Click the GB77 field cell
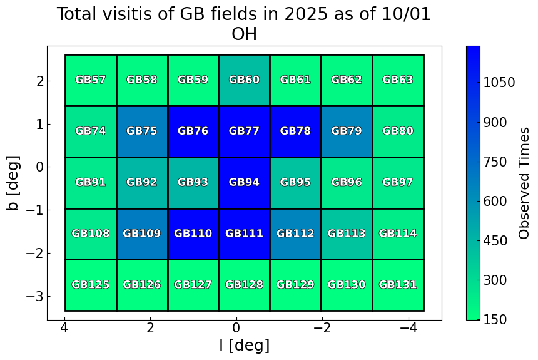(x=244, y=131)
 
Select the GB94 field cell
(x=244, y=183)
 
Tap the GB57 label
(x=91, y=80)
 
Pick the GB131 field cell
(x=398, y=285)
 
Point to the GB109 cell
(x=142, y=234)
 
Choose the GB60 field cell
(x=244, y=80)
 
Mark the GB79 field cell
(x=347, y=131)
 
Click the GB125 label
(x=91, y=285)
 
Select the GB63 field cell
(x=398, y=80)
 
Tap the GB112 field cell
(x=295, y=234)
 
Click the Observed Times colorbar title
(x=525, y=183)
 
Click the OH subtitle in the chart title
(x=244, y=34)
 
